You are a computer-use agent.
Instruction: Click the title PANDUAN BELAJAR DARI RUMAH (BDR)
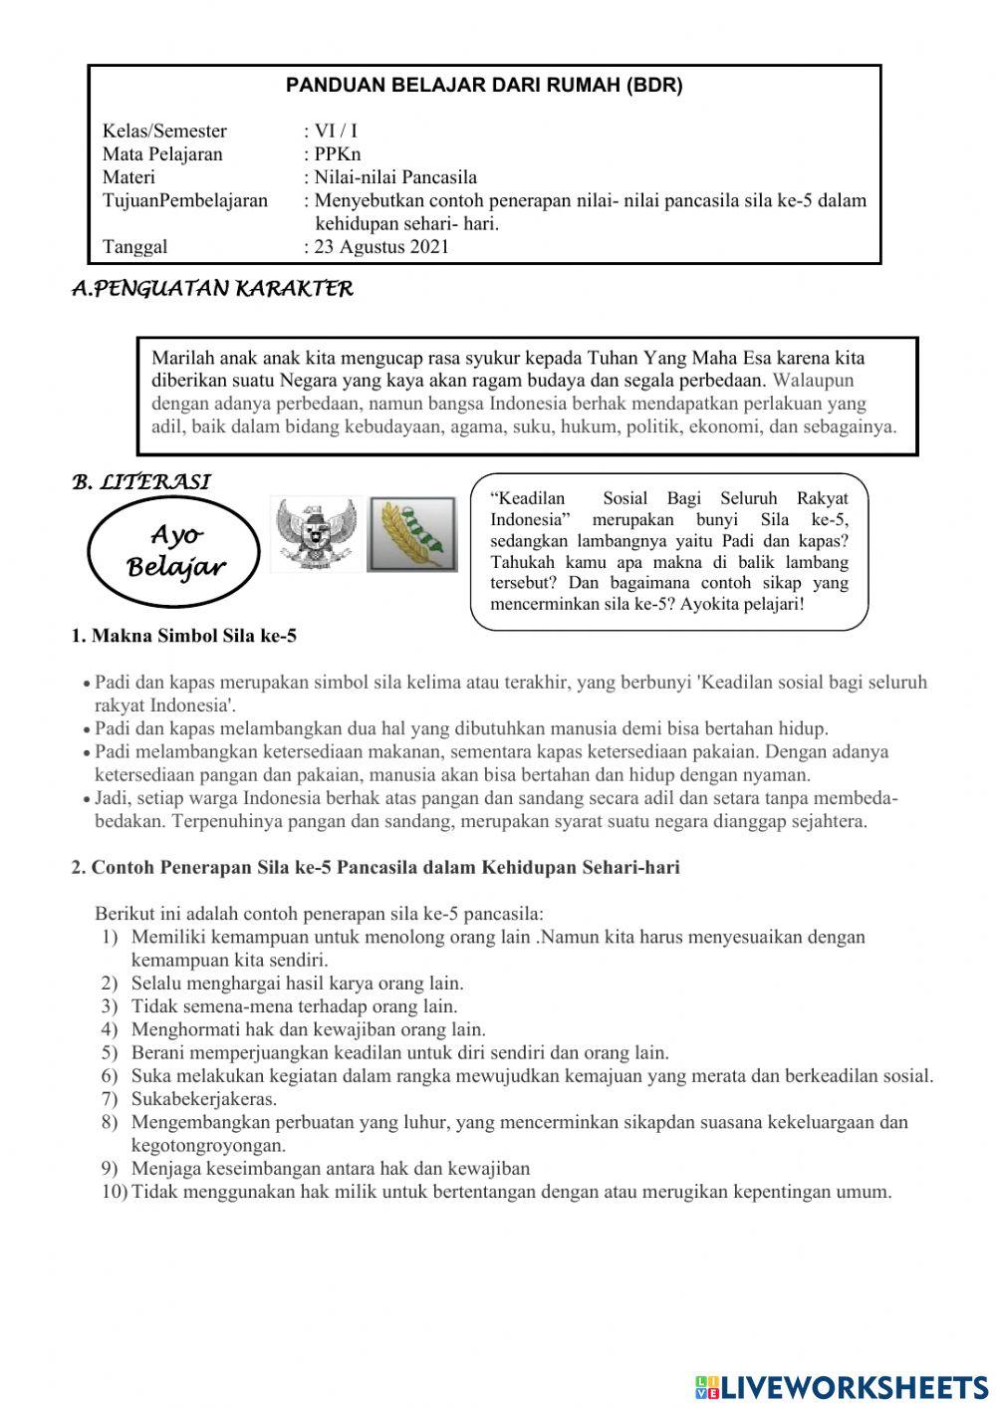(484, 86)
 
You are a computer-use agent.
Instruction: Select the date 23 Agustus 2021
(381, 247)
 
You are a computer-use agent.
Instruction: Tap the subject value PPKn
(338, 154)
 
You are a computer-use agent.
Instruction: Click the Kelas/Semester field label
(164, 132)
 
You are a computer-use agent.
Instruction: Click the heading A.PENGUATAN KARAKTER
(212, 290)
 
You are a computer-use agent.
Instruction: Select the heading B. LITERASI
(140, 482)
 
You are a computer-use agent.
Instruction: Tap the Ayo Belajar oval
(175, 552)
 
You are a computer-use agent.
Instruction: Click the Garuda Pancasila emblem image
(314, 534)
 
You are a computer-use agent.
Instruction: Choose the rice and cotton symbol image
(412, 534)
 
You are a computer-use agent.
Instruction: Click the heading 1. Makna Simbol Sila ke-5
(183, 637)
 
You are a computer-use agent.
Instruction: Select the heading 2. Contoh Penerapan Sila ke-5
(374, 868)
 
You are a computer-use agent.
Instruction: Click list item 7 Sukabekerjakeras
(204, 1099)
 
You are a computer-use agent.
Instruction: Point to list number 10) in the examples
(114, 1192)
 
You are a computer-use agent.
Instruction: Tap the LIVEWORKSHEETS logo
(842, 1386)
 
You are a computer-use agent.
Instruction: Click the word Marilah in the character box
(181, 358)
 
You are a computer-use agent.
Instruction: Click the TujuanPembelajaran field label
(185, 200)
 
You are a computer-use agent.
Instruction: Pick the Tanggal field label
(135, 247)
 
